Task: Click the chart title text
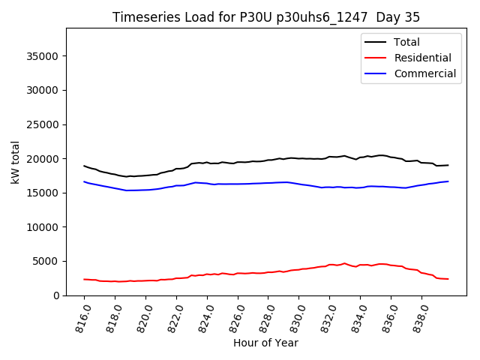tap(266, 17)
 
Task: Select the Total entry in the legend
tap(406, 42)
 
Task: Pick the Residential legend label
tap(422, 58)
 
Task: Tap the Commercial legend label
tap(424, 73)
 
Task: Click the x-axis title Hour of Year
tap(266, 343)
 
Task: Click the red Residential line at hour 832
tap(329, 265)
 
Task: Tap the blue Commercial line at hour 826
tap(238, 184)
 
